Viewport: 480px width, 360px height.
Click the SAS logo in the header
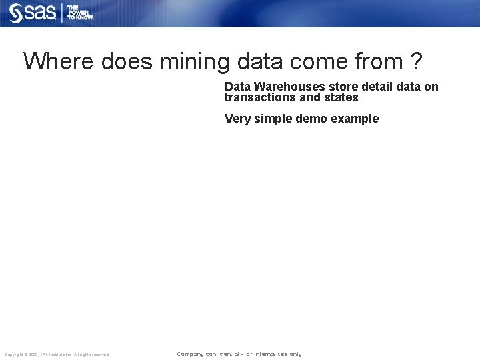[33, 13]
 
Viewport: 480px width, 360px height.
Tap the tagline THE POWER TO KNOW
[81, 13]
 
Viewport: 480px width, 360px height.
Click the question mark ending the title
[416, 61]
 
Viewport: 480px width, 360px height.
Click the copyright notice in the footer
[57, 355]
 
